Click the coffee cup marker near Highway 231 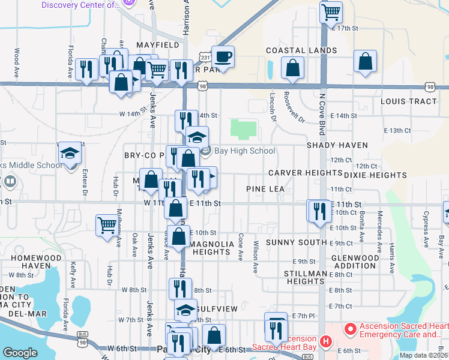coord(223,58)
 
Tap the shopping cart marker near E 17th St coord(331,12)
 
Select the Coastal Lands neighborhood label coord(301,50)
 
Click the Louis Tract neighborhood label coord(409,101)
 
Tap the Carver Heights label coord(305,173)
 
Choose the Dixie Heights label coord(376,175)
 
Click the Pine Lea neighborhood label coord(265,189)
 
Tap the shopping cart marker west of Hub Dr coord(107,226)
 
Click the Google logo coord(20,353)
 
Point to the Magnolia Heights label coord(210,248)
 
